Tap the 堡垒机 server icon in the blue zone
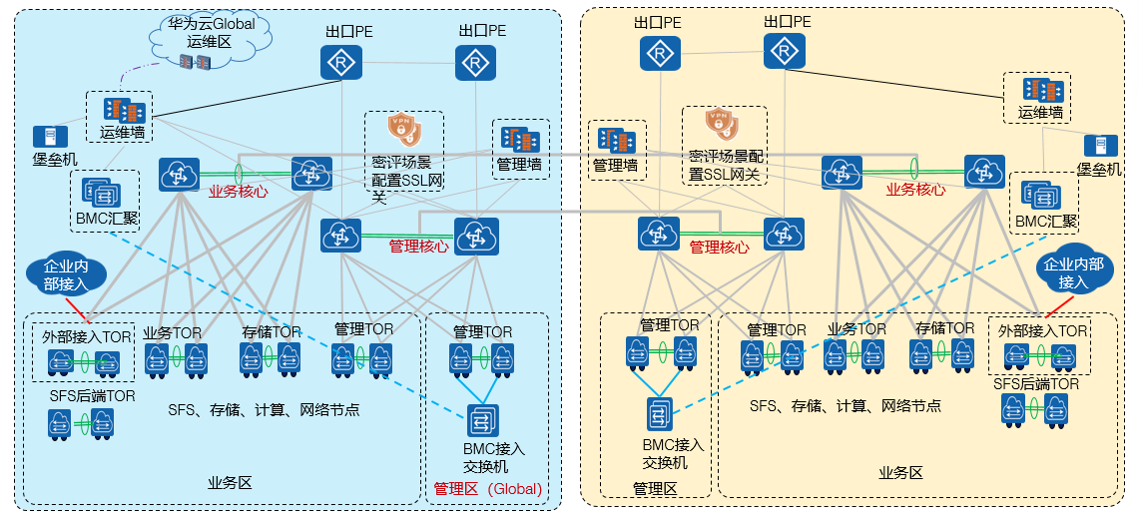point(45,137)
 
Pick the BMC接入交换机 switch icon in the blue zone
point(482,420)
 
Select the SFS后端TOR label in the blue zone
point(92,395)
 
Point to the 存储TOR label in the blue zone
point(271,331)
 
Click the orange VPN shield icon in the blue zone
point(403,129)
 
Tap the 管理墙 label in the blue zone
point(519,164)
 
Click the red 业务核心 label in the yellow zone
point(916,189)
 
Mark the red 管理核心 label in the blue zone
point(418,245)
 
